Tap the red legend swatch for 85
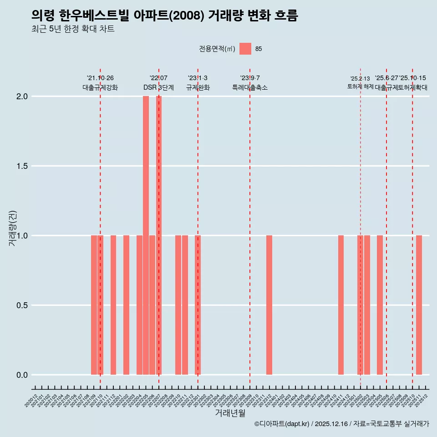[245, 49]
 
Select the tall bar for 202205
[146, 235]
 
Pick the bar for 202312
[269, 305]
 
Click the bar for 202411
[341, 305]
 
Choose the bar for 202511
[419, 305]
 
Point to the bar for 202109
[94, 305]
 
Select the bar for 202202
[126, 305]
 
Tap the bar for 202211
[185, 305]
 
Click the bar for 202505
[380, 305]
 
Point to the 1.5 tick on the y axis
[22, 166]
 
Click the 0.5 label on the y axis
[22, 305]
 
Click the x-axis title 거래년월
[230, 413]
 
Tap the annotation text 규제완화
[198, 87]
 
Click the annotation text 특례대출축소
[250, 87]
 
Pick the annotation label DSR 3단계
[158, 87]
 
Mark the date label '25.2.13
[360, 79]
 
